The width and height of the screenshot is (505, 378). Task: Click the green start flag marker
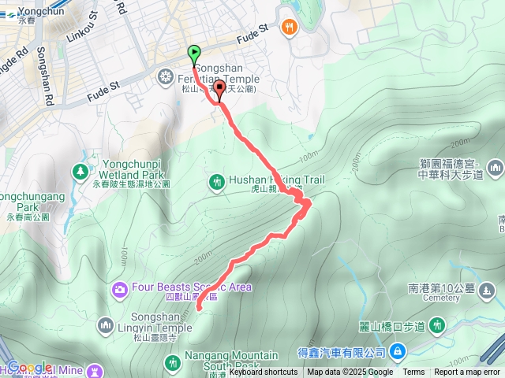[x=194, y=54]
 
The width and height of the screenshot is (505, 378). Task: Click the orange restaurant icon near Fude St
[x=290, y=27]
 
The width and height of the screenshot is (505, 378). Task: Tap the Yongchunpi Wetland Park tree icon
[x=80, y=170]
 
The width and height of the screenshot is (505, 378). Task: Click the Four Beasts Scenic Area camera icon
[x=119, y=288]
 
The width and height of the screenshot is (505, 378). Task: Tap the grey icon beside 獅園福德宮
[x=495, y=167]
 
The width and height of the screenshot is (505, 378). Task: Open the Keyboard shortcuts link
[x=264, y=372]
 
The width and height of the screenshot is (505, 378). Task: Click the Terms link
[x=413, y=372]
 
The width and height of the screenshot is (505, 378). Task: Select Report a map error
[x=466, y=372]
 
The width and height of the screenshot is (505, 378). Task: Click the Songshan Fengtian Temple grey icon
[x=166, y=76]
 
